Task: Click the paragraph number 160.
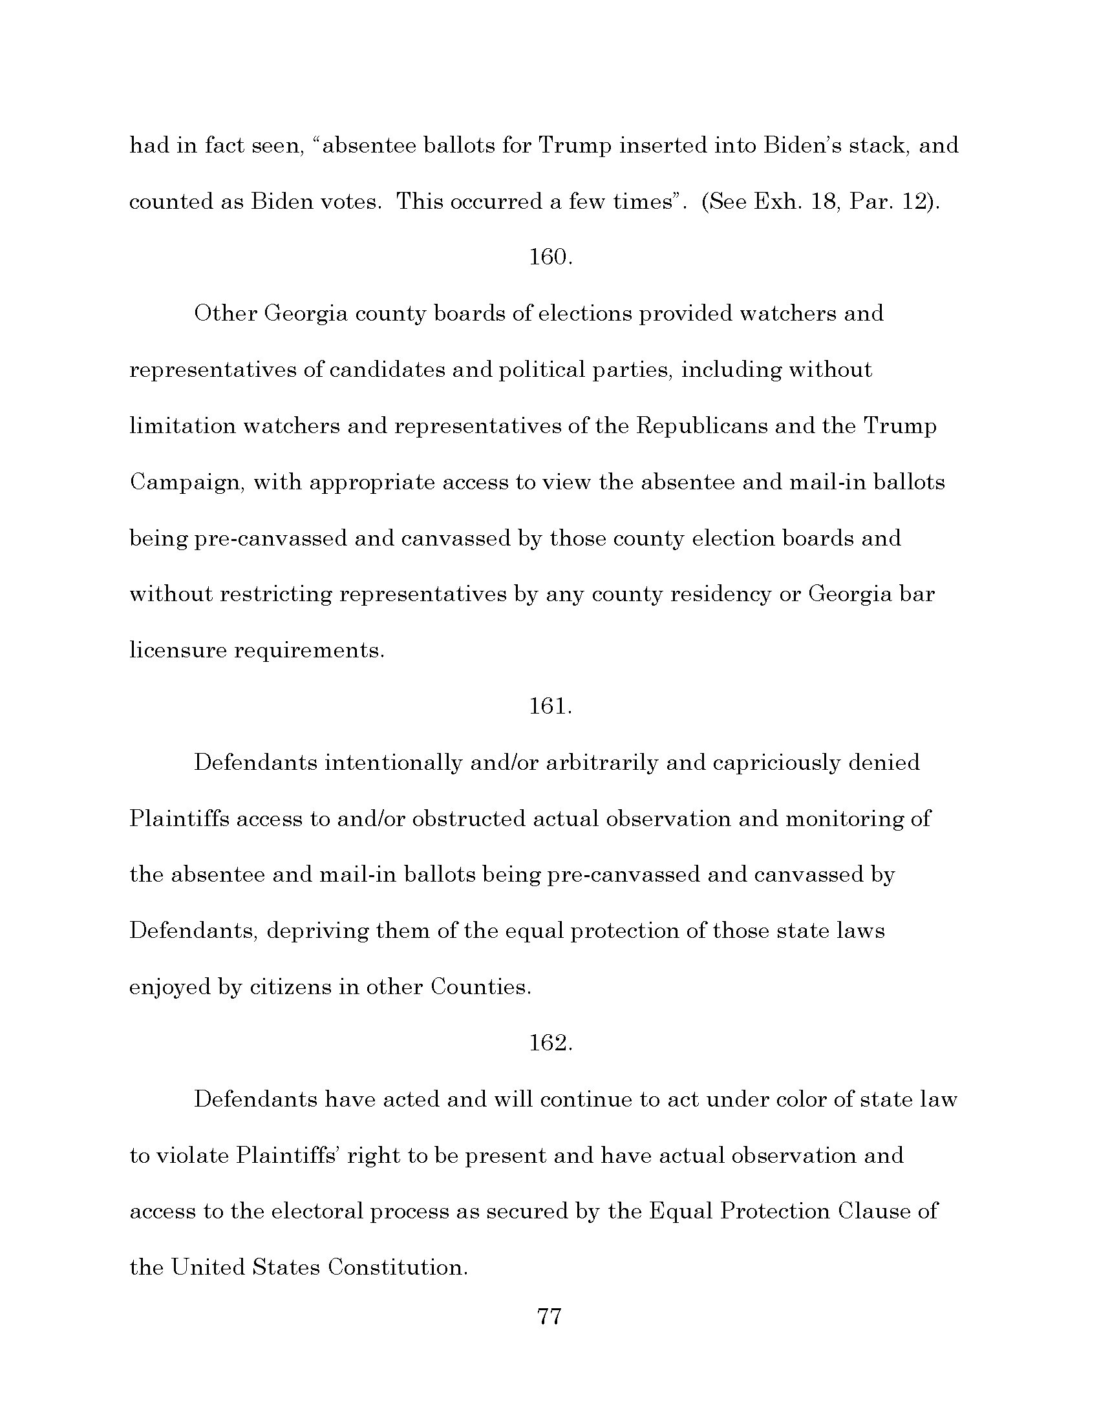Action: [550, 257]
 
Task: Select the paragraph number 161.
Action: [550, 706]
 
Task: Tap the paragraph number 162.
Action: [550, 1043]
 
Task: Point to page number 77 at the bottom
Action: [549, 1317]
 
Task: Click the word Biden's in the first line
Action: [804, 145]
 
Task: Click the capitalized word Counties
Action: [480, 987]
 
